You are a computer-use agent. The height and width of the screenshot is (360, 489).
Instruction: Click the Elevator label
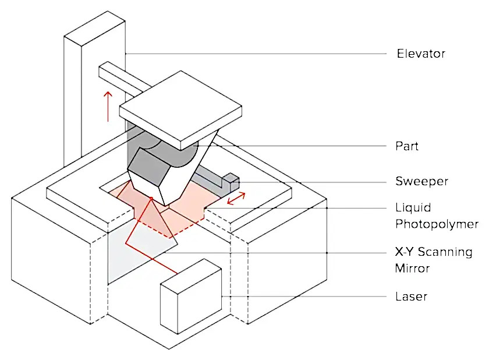[421, 54]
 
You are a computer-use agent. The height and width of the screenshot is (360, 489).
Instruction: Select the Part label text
[407, 146]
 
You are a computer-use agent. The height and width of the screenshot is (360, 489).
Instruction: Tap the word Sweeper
[421, 181]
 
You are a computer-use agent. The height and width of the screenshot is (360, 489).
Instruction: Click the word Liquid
[413, 208]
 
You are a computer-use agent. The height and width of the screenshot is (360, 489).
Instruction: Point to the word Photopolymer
[437, 224]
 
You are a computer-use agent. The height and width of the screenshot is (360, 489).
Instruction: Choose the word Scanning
[445, 252]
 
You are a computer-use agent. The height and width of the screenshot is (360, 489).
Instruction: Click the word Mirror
[412, 269]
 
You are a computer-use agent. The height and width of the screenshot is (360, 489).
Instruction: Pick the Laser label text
[411, 297]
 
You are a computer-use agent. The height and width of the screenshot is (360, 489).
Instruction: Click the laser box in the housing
[191, 297]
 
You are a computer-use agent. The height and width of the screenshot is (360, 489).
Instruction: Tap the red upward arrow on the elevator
[108, 107]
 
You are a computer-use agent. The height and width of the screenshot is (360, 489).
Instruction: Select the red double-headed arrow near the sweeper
[236, 199]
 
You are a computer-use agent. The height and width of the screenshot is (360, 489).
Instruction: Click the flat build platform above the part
[180, 110]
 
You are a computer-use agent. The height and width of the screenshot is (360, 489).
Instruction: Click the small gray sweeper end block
[231, 182]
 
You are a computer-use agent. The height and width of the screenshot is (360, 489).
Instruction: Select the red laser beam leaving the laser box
[164, 266]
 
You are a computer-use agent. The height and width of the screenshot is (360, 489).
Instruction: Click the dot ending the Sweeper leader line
[239, 182]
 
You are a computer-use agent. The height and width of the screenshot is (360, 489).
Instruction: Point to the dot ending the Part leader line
[197, 146]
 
